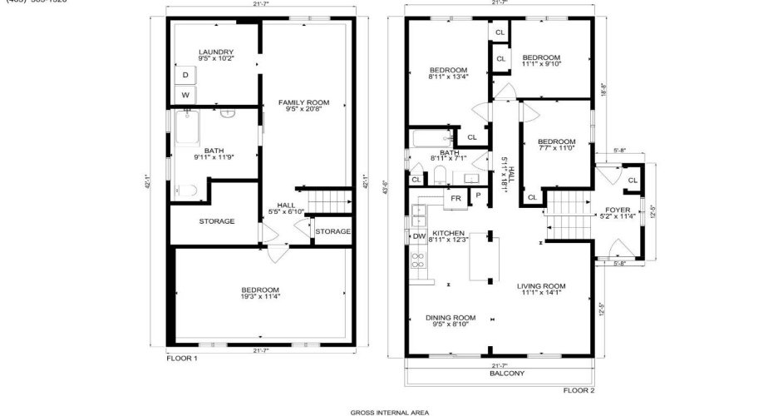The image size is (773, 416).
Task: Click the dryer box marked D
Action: (x=185, y=75)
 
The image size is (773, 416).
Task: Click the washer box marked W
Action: (x=185, y=95)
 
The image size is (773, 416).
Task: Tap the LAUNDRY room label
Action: (x=216, y=52)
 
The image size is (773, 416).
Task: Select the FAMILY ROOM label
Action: (x=303, y=102)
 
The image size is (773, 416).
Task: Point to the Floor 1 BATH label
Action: (x=214, y=151)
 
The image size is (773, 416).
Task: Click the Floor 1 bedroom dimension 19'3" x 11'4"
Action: (x=260, y=296)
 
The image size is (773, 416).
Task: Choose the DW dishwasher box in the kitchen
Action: (x=420, y=236)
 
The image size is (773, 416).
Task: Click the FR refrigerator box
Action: (x=455, y=199)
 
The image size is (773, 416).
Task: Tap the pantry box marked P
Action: (x=478, y=196)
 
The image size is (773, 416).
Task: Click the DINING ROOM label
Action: (x=451, y=317)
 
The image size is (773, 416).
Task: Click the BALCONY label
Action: (x=507, y=374)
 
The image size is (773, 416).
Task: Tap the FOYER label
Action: (x=618, y=210)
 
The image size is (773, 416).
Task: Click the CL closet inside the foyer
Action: (x=633, y=180)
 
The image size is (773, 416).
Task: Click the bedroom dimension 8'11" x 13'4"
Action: (x=449, y=77)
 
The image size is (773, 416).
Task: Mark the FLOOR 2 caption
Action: (x=579, y=389)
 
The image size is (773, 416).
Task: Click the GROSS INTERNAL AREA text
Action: (x=389, y=411)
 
